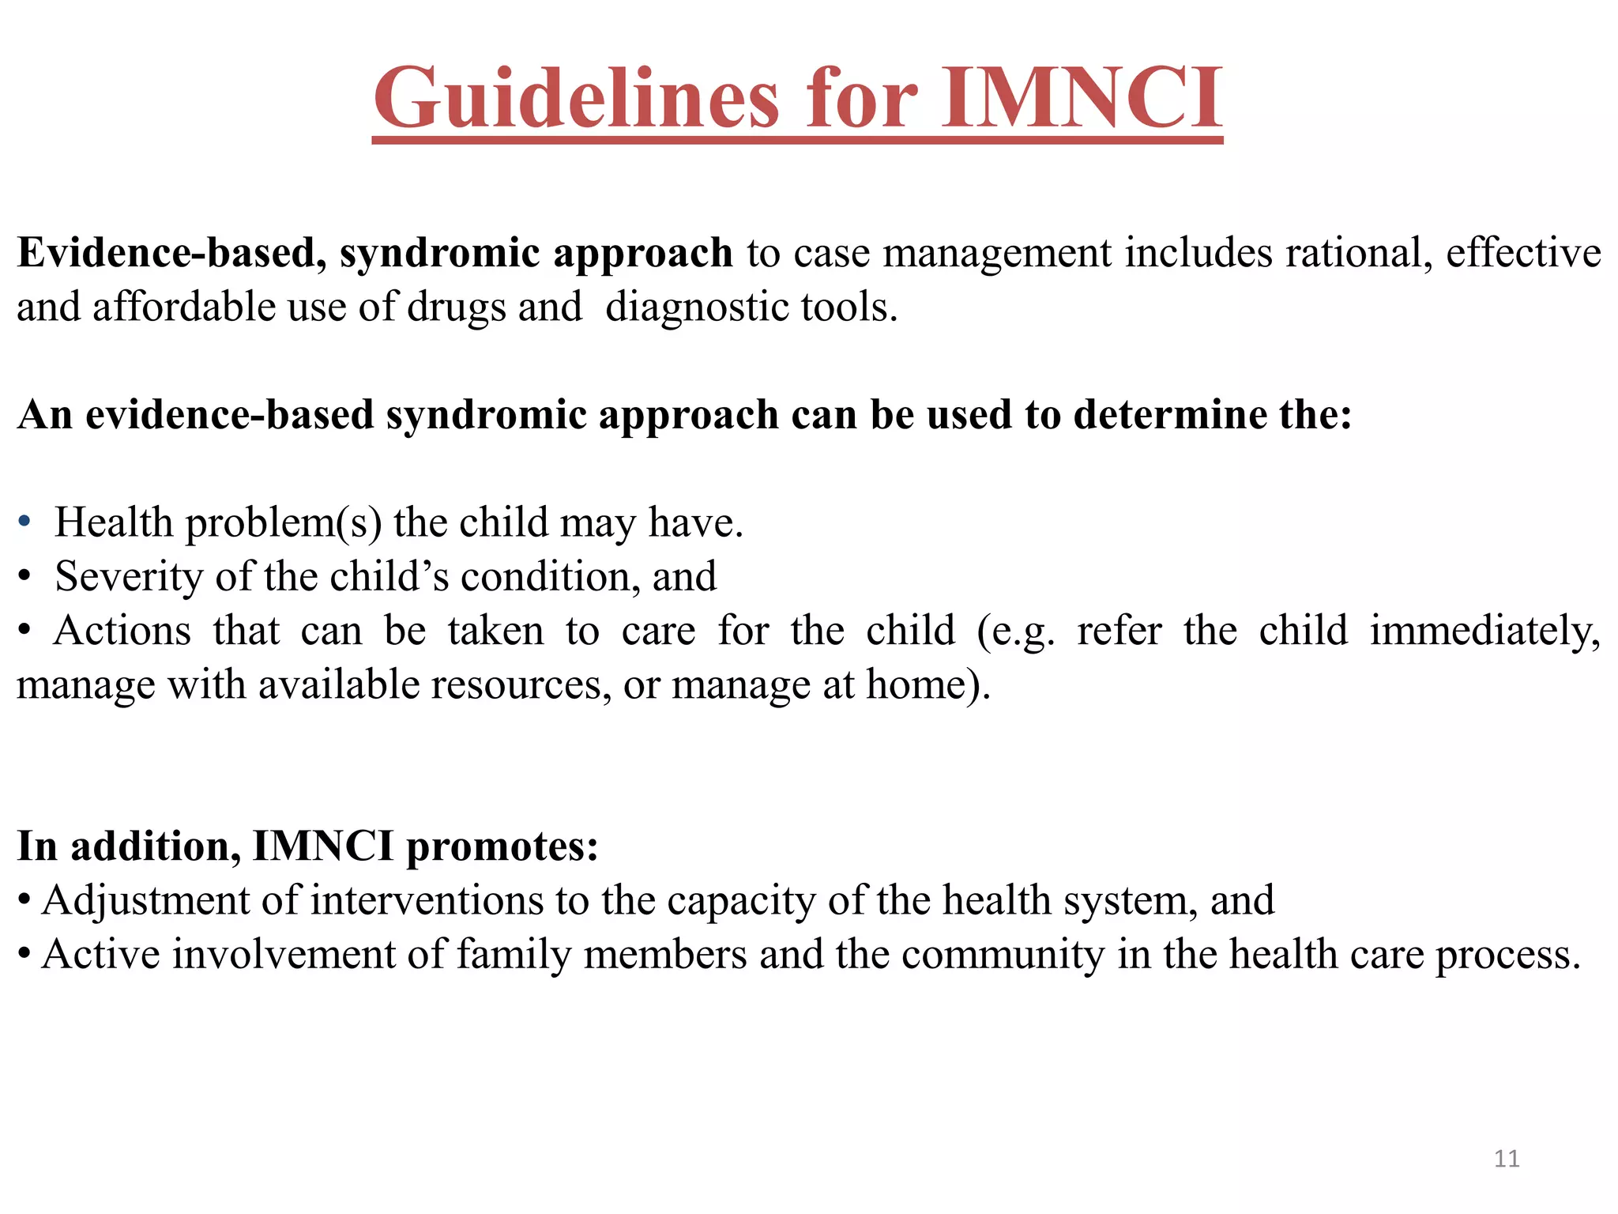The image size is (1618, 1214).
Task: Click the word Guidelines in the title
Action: (x=576, y=98)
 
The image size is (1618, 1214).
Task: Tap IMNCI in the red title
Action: (x=1082, y=98)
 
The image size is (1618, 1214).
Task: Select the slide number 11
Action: (x=1507, y=1159)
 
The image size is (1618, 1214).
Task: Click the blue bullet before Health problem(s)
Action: (x=24, y=522)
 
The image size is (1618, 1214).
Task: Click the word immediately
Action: (x=1484, y=632)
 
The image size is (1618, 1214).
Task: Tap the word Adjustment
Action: (x=171, y=901)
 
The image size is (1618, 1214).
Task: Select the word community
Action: (x=1003, y=955)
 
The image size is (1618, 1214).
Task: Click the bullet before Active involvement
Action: (x=24, y=955)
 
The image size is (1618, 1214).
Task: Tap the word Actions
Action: (x=122, y=632)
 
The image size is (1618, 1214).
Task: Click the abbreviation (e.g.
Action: (x=1016, y=632)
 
